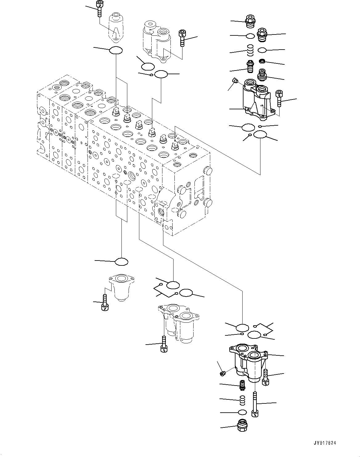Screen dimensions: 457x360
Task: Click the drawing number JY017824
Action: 324,443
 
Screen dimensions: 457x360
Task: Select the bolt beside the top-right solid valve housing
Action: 279,98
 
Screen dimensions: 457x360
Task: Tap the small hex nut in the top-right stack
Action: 262,61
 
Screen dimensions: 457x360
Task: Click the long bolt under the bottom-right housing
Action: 255,404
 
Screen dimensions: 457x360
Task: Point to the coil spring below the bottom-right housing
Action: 243,399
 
